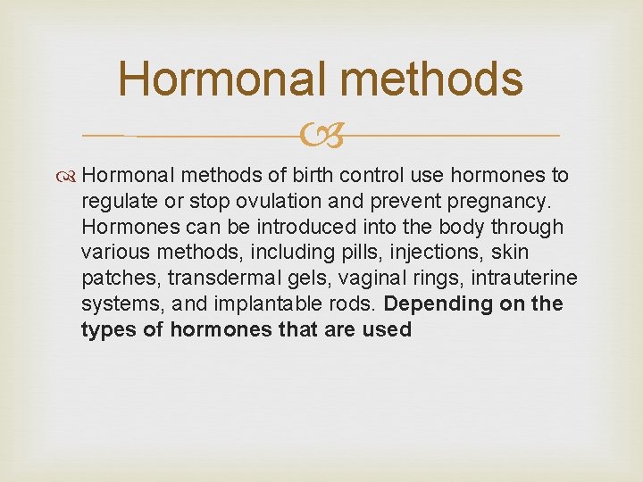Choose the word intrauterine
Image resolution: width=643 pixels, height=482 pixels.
(x=516, y=278)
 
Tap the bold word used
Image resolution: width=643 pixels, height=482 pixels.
(x=388, y=330)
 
